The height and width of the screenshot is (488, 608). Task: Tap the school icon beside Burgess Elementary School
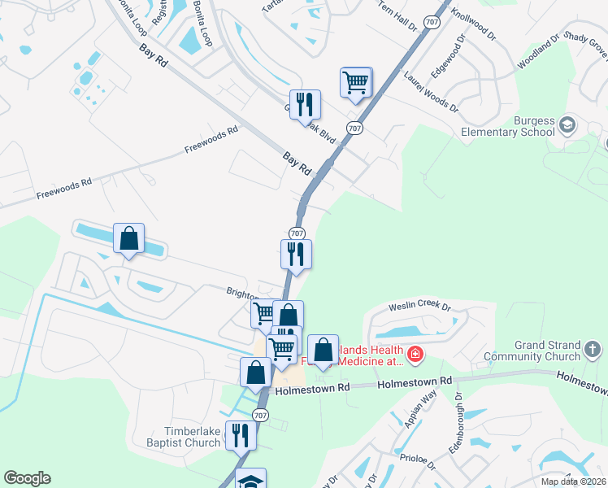[567, 124]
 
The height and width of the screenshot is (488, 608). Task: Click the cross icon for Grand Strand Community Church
[593, 351]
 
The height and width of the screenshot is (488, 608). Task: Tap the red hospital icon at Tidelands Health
[415, 354]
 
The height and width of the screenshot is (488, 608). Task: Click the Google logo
[27, 478]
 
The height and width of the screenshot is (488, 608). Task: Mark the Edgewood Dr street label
[448, 54]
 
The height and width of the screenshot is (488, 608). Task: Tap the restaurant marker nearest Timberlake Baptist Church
[241, 435]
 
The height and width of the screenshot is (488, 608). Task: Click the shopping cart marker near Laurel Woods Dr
[356, 82]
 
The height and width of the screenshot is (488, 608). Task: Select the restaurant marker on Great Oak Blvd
[305, 104]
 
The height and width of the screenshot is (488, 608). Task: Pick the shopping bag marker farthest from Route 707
[128, 239]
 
